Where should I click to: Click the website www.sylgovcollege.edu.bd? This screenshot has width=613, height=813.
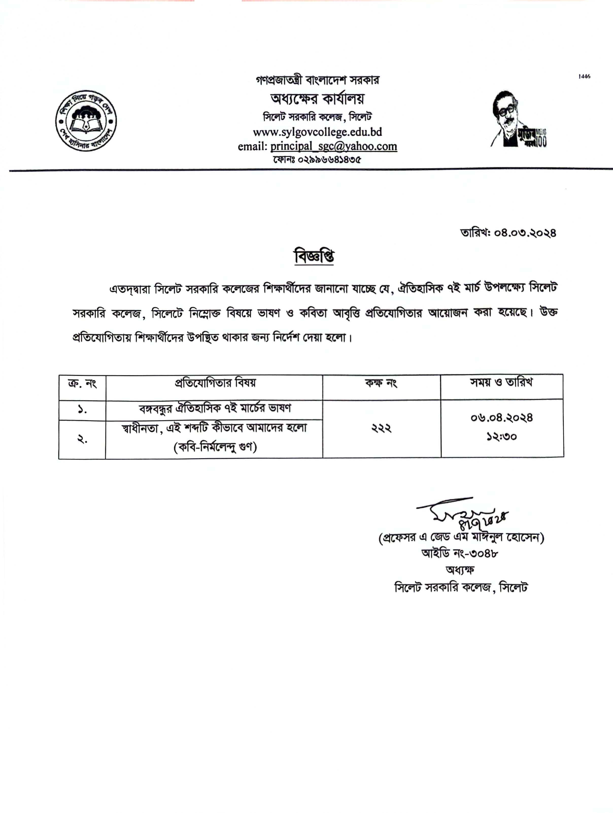[x=317, y=132]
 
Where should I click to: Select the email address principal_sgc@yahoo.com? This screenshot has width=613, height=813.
[x=334, y=146]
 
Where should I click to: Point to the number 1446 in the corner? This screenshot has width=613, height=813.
[x=584, y=76]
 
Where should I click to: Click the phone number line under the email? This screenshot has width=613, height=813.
[x=317, y=160]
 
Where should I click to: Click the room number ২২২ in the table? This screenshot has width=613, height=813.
[x=381, y=428]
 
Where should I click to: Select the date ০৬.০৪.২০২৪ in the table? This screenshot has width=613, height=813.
[x=501, y=418]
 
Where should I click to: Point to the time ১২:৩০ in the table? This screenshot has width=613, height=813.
[x=501, y=437]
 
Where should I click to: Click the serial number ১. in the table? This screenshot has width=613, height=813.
[x=82, y=410]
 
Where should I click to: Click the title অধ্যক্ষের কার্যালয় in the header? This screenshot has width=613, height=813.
[x=317, y=98]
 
